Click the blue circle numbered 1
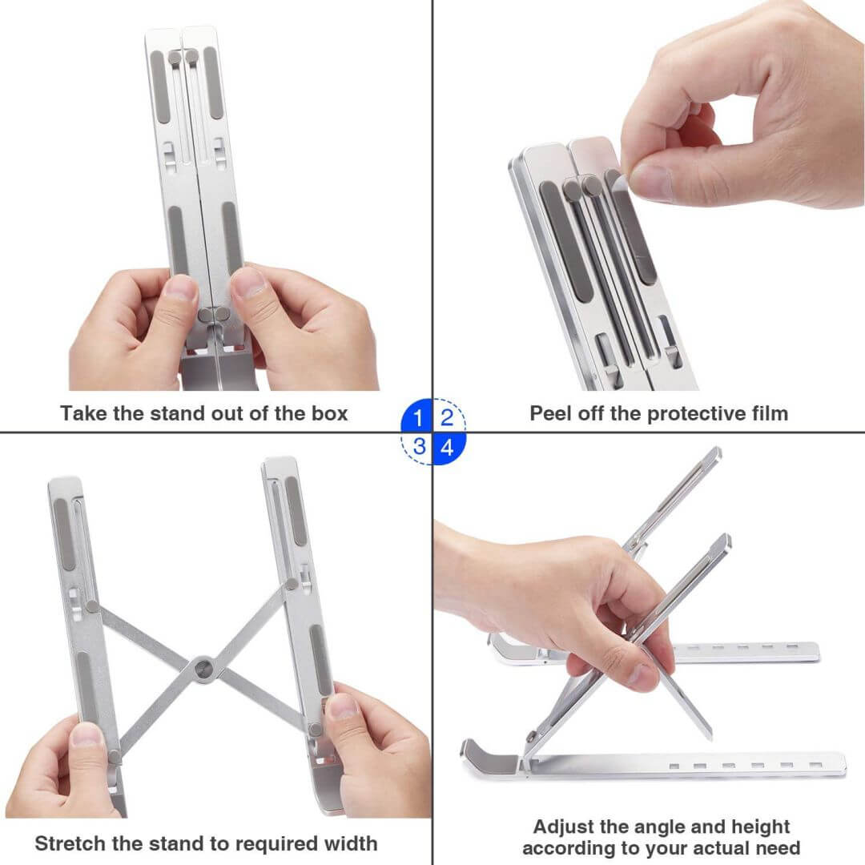coord(418,417)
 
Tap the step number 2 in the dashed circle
coord(447,417)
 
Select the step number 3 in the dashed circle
coord(418,447)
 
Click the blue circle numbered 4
coord(447,447)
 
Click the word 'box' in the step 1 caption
coord(329,413)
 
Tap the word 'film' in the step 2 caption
coord(767,413)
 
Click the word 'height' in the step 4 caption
coord(759,827)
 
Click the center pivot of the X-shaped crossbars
coord(202,666)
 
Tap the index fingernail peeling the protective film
coord(650,182)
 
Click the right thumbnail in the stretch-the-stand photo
coord(343,706)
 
